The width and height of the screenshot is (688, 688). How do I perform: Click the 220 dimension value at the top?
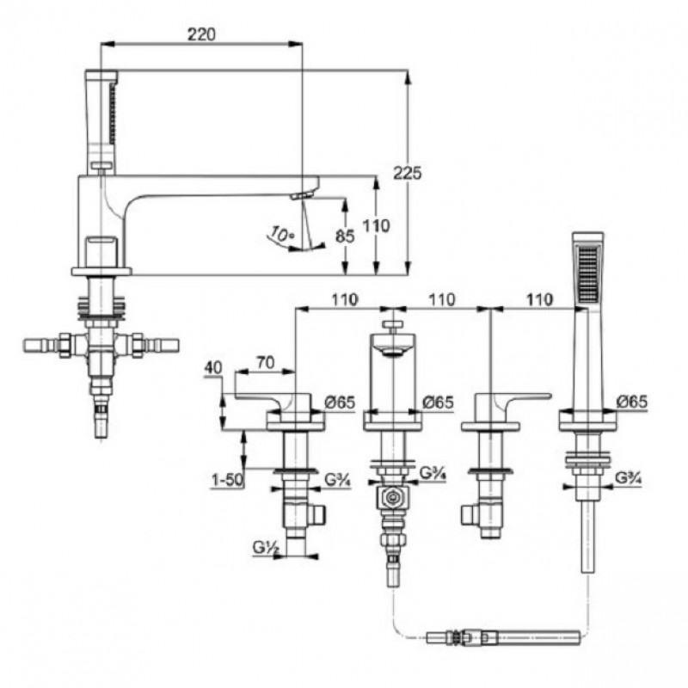point(201,34)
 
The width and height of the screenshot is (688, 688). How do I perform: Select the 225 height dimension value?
point(407,173)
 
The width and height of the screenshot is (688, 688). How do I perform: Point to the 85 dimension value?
point(345,236)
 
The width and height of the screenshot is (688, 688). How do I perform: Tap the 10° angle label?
point(280,233)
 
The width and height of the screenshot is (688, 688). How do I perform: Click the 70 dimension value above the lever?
point(265,362)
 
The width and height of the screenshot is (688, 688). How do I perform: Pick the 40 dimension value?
point(213,368)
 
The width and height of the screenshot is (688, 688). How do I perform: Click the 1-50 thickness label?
point(227,480)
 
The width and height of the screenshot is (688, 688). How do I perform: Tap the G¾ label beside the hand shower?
point(628,477)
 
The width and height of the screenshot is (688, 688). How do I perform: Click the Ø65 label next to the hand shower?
point(632,402)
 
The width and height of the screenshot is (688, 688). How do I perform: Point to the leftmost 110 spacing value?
point(345,299)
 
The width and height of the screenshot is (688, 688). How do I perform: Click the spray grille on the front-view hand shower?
point(588,274)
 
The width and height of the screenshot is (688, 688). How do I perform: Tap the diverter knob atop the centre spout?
point(392,326)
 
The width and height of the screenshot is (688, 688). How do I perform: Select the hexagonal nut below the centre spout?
point(392,497)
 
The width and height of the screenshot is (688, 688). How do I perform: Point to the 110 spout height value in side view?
point(376,226)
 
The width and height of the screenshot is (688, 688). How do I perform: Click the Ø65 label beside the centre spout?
point(438,402)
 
